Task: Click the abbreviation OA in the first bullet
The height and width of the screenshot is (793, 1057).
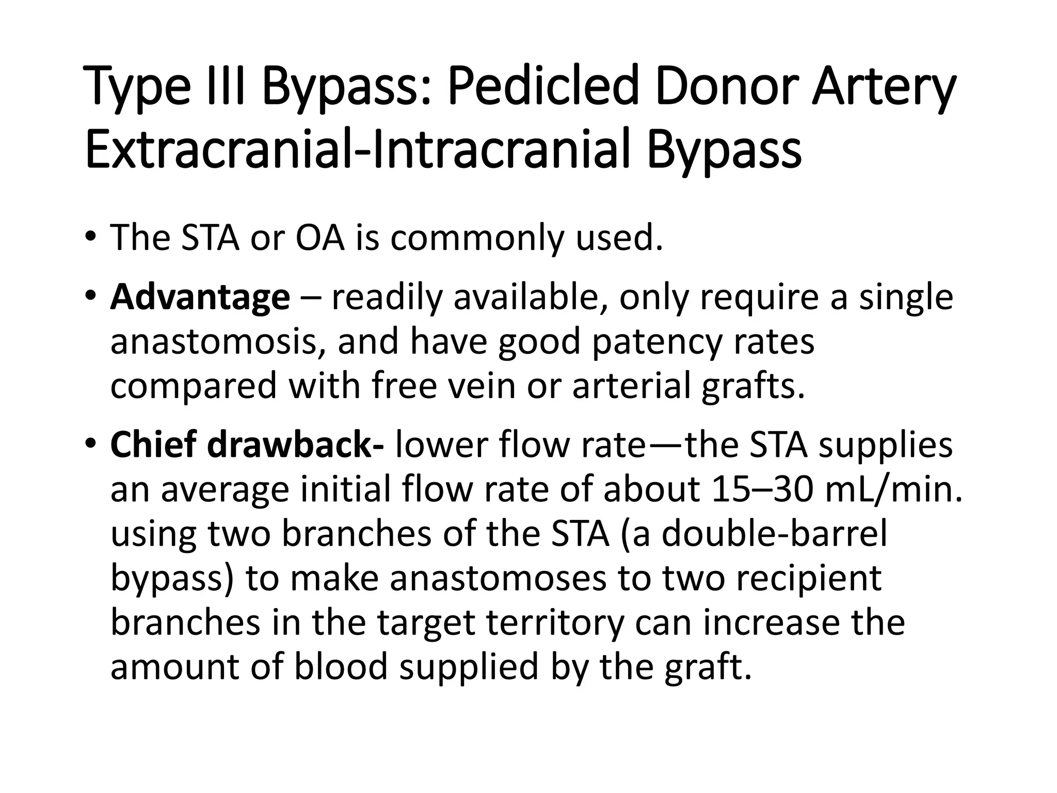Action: pyautogui.click(x=319, y=238)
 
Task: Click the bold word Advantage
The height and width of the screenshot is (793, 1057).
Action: pyautogui.click(x=200, y=298)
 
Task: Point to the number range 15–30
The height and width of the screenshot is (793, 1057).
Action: pyautogui.click(x=762, y=489)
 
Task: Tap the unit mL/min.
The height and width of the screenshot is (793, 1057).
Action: pyautogui.click(x=893, y=489)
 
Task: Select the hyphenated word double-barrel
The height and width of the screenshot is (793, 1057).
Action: pyautogui.click(x=774, y=534)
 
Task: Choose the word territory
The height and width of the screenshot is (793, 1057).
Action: pyautogui.click(x=552, y=623)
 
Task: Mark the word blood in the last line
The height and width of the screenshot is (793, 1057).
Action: pyautogui.click(x=341, y=667)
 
